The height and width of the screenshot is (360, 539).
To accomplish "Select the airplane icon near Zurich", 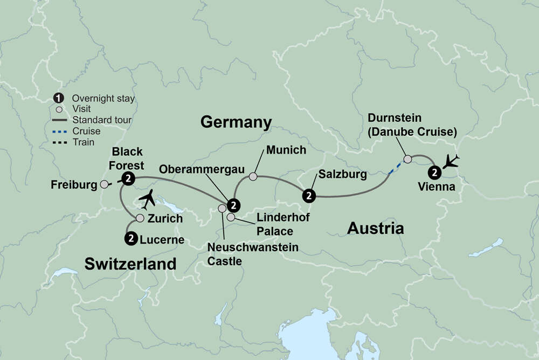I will (x=149, y=199).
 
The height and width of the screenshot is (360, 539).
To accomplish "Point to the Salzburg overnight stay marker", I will (x=308, y=195).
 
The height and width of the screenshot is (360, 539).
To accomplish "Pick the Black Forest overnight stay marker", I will (x=128, y=179).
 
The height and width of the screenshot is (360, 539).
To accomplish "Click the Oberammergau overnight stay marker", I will (x=233, y=205).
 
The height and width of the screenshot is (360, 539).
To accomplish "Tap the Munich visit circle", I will (x=253, y=176).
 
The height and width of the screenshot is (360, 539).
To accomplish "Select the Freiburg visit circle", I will (x=105, y=184).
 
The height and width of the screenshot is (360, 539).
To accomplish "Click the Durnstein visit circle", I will (x=407, y=159).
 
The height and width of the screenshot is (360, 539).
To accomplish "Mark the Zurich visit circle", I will (x=140, y=218).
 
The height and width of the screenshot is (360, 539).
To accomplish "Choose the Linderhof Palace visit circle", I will (x=231, y=217).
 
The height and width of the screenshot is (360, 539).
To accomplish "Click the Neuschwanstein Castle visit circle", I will (x=222, y=208).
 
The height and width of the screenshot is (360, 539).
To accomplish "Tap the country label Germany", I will (x=236, y=122).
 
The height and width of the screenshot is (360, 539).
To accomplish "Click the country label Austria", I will (x=375, y=228).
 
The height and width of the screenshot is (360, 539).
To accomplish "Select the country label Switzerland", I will (x=130, y=264).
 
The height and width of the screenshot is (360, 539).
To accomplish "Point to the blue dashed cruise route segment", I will (x=395, y=168).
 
